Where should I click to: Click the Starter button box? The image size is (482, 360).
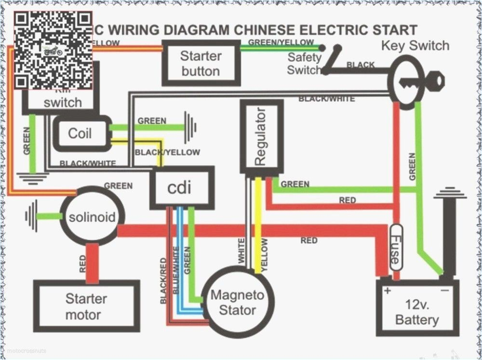point(201,63)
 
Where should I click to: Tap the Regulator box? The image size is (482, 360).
point(261,137)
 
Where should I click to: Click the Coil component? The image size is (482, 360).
point(80,133)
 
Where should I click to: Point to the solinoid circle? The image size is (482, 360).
point(92,217)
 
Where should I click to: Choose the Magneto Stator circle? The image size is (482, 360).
point(238,302)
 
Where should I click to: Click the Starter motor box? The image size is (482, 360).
point(86,307)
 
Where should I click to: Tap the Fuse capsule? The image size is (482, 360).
point(395,253)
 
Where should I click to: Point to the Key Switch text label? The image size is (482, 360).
point(415,46)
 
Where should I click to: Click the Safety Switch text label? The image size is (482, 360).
point(304,64)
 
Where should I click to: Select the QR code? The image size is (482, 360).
point(53,50)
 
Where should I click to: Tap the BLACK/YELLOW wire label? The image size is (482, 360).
point(167,152)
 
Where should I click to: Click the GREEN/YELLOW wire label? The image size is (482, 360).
point(281,42)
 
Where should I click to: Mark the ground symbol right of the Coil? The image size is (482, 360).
point(191,127)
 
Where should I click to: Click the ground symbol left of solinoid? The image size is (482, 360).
point(32,216)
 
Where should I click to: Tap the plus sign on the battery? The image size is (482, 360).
point(387,291)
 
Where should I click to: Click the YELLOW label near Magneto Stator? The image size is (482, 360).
point(264,254)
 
